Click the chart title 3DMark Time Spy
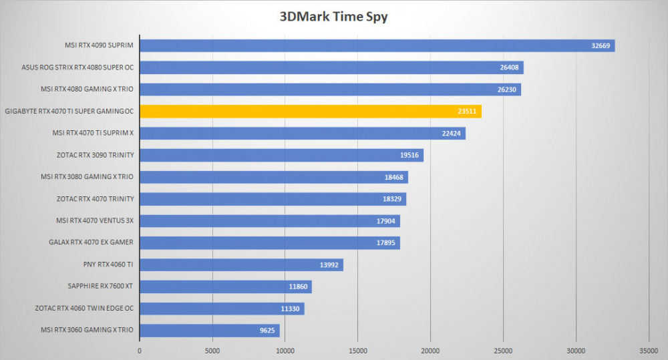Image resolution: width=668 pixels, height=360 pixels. coord(333,17)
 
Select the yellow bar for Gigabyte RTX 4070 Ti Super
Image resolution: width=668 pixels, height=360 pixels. coord(311,111)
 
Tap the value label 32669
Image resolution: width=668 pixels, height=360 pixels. coord(601,45)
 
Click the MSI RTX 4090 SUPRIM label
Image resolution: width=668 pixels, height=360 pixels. coord(99,45)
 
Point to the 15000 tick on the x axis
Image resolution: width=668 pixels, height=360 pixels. coord(358,351)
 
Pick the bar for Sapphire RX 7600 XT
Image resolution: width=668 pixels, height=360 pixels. coord(226,287)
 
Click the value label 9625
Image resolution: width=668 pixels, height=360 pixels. coord(267,331)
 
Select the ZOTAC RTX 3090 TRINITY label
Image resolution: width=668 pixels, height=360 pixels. coord(95,155)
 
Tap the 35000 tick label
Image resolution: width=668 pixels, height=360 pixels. coord(649,351)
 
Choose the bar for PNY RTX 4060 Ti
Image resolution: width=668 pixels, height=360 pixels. coord(242,264)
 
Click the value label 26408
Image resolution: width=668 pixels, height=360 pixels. coord(509,67)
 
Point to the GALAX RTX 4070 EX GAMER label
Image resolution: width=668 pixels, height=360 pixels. coord(91,242)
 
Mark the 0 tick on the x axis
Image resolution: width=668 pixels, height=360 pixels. coord(140,351)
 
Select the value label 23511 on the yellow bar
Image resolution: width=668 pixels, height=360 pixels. coord(467,111)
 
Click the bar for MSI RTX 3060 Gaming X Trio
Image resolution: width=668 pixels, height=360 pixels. coord(210,331)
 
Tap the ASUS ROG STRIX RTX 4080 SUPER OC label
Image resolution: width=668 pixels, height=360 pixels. coord(77,67)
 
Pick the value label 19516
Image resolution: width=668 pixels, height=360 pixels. coord(409,155)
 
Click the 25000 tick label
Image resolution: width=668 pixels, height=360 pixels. coord(503,351)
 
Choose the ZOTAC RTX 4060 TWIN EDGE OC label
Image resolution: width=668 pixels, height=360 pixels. coord(84,308)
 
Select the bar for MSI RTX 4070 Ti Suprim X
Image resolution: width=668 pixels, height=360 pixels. coord(303,134)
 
